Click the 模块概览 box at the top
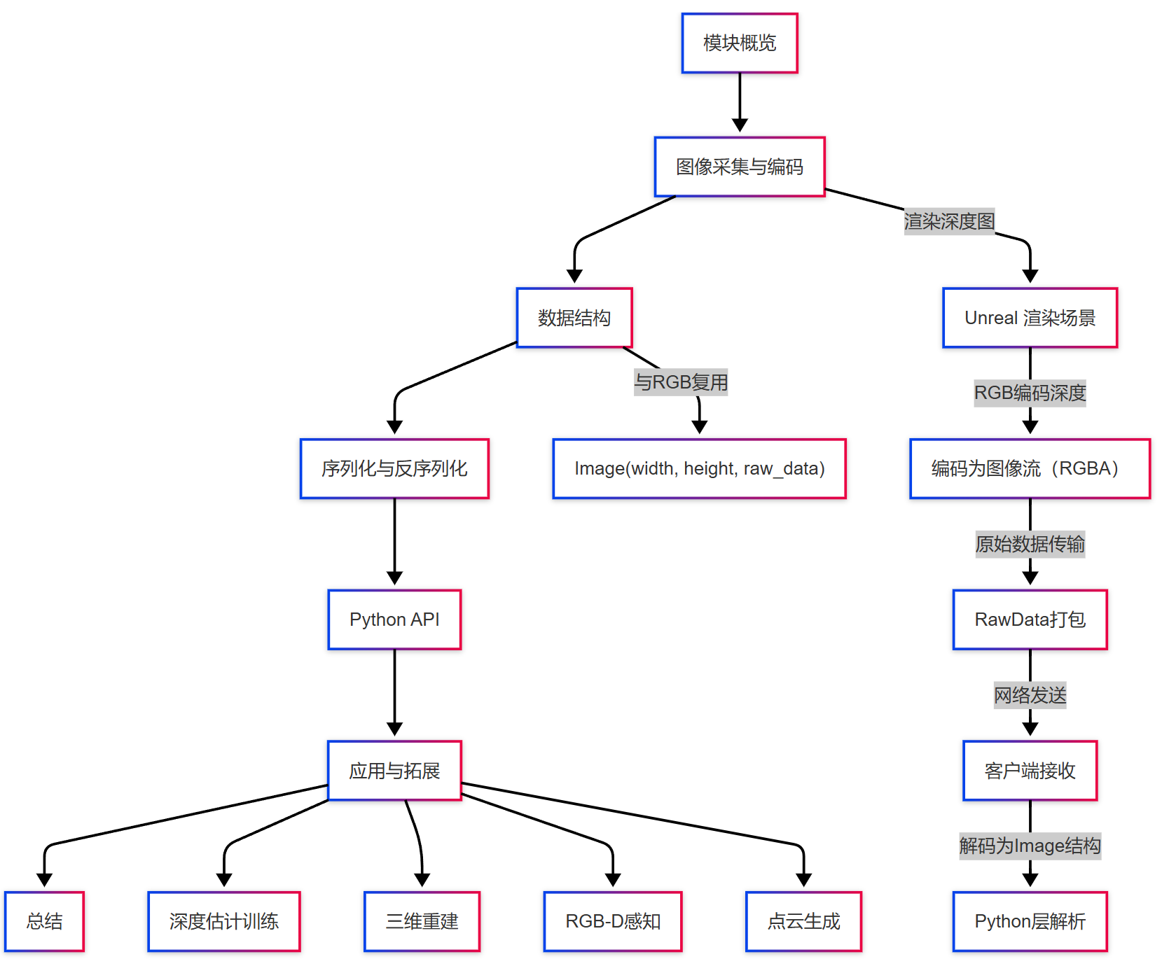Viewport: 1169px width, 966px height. pyautogui.click(x=740, y=43)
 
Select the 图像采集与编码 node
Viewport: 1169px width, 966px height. pyautogui.click(x=740, y=167)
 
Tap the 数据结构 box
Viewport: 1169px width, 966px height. pyautogui.click(x=574, y=318)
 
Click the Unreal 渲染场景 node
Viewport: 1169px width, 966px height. pyautogui.click(x=1030, y=318)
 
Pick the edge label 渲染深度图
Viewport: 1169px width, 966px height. pyautogui.click(x=949, y=222)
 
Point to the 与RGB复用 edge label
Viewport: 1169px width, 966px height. pyautogui.click(x=681, y=382)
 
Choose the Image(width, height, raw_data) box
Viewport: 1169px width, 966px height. pyautogui.click(x=699, y=468)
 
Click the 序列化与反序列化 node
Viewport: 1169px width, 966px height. pyautogui.click(x=394, y=468)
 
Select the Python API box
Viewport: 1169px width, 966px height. pyautogui.click(x=394, y=619)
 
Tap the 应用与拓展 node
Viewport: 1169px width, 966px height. pyautogui.click(x=394, y=771)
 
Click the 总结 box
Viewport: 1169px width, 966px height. pyautogui.click(x=44, y=921)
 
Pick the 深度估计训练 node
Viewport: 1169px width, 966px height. pyautogui.click(x=224, y=921)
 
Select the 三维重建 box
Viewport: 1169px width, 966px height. pyautogui.click(x=422, y=921)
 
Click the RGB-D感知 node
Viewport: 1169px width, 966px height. pyautogui.click(x=613, y=921)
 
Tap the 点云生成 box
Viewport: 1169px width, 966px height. pyautogui.click(x=803, y=921)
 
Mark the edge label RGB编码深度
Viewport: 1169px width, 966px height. pyautogui.click(x=1030, y=393)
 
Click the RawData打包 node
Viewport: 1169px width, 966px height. pyautogui.click(x=1030, y=619)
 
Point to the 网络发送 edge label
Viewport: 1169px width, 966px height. pyautogui.click(x=1030, y=695)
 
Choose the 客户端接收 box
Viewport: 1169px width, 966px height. pyautogui.click(x=1030, y=771)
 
